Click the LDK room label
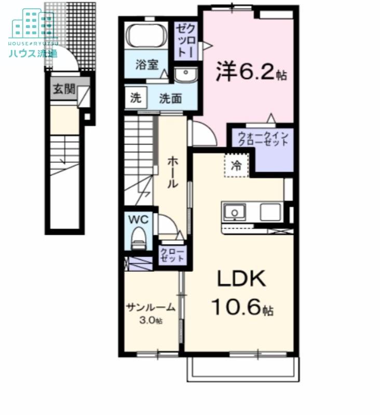(x=241, y=280)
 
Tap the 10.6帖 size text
(x=242, y=309)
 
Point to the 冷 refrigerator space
(x=236, y=166)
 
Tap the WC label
(x=139, y=219)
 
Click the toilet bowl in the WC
(x=139, y=239)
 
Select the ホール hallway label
(x=172, y=172)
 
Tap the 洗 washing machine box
(x=135, y=98)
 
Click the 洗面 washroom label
(x=170, y=98)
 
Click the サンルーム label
(x=150, y=308)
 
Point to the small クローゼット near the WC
(x=172, y=255)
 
